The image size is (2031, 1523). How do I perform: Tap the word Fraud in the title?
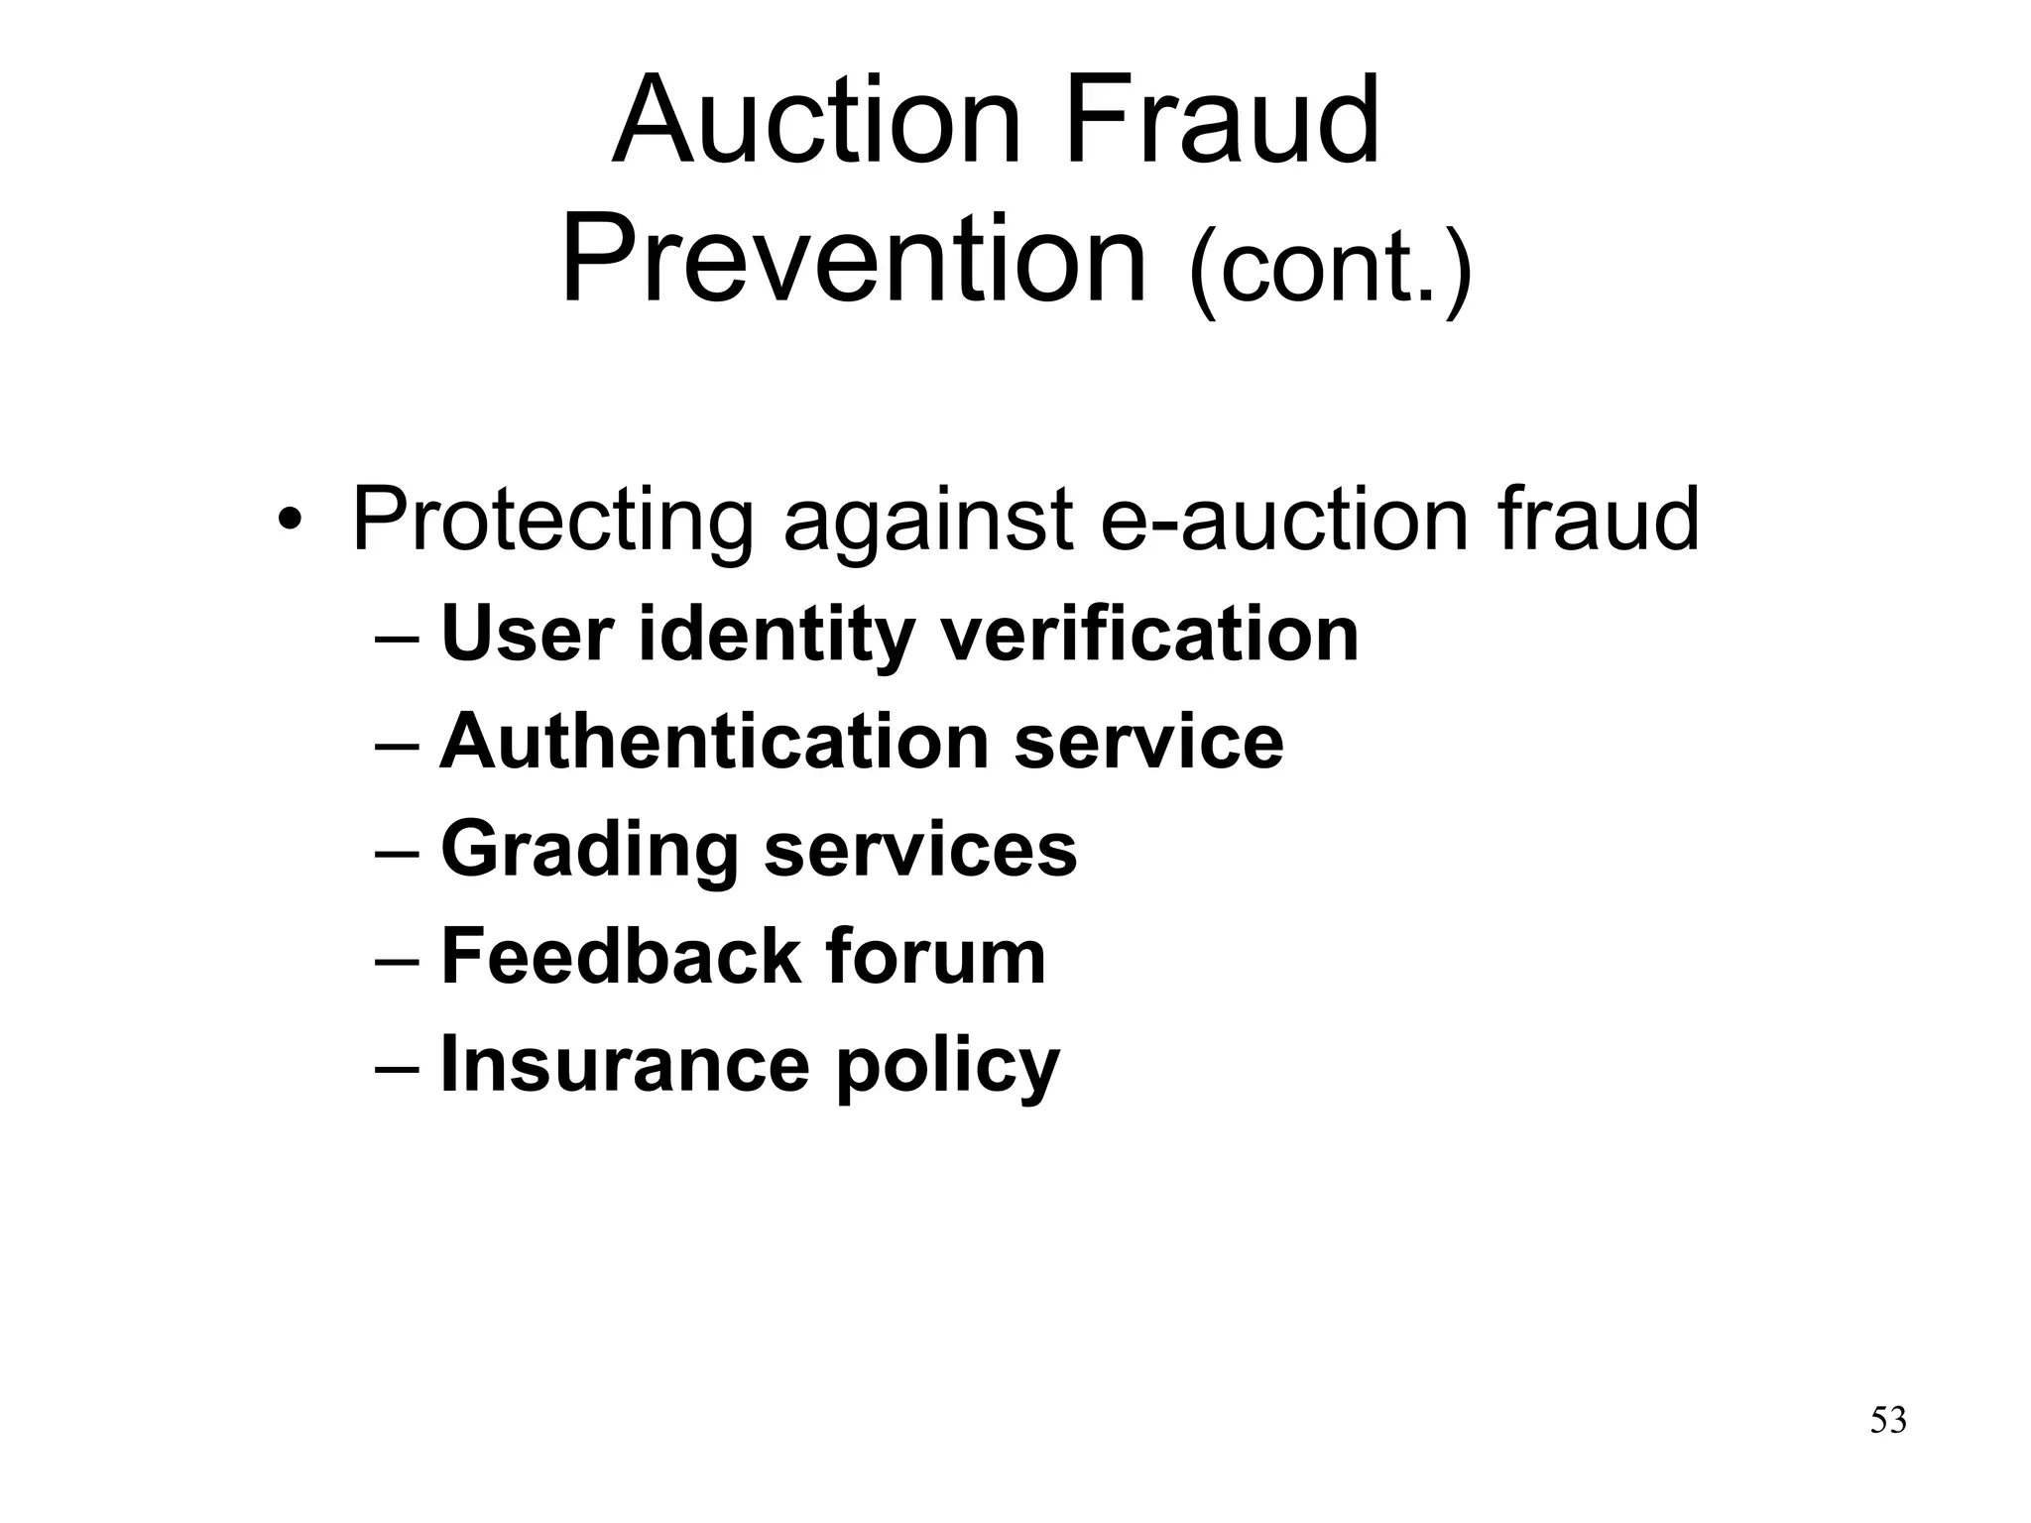pos(1223,121)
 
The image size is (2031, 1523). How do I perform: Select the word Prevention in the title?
pos(854,260)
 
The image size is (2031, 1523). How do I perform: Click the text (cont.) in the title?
pos(1330,268)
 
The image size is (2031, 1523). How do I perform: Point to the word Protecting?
pos(553,521)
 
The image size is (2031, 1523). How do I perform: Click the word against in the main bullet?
pos(928,521)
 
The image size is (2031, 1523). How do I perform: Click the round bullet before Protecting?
pos(289,519)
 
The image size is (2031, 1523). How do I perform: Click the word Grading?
pos(590,851)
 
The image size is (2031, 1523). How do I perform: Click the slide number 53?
pos(1888,1420)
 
